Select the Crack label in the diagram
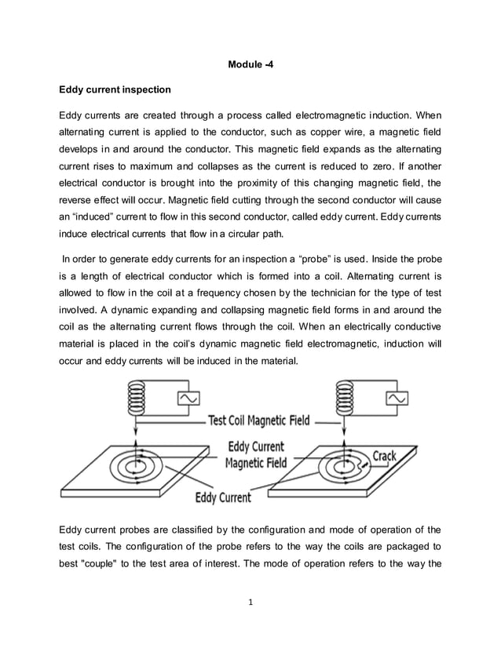(384, 456)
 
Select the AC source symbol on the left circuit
(190, 399)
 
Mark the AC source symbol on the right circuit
(397, 399)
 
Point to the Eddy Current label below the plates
(223, 497)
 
